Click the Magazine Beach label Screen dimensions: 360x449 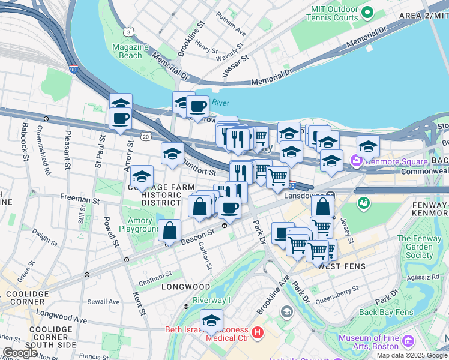(x=130, y=52)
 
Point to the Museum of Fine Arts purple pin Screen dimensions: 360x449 (x=409, y=342)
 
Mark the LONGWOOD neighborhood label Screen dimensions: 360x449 (x=185, y=287)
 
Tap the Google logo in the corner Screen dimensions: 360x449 (x=19, y=352)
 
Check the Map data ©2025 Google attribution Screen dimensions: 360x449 (x=412, y=355)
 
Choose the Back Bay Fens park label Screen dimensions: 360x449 (x=386, y=313)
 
